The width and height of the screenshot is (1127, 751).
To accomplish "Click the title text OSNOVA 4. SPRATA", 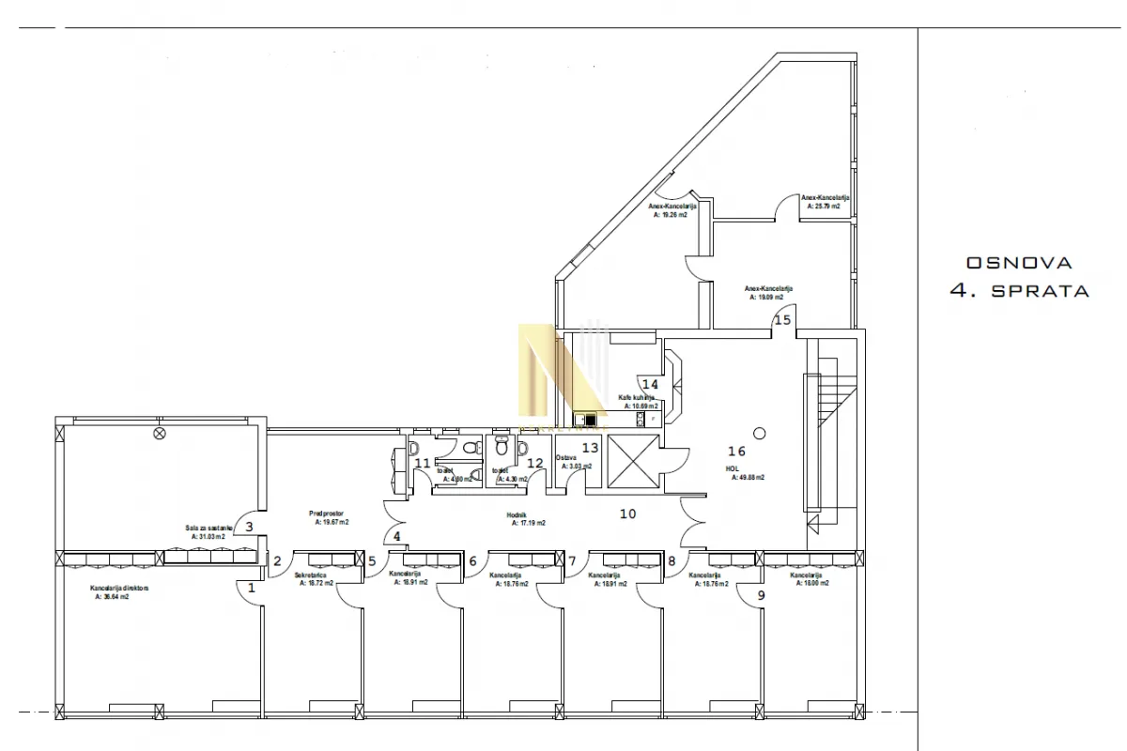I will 1019,277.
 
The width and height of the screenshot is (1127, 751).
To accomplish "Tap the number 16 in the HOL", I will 737,452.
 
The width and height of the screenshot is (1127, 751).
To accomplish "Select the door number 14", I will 650,384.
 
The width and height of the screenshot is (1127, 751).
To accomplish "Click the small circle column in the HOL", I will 760,432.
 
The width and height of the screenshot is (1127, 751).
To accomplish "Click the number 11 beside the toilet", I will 423,463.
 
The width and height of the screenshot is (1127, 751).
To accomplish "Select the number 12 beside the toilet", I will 534,463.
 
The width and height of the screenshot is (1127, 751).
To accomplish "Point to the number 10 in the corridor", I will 627,513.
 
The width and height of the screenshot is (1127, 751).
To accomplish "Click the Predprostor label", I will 329,513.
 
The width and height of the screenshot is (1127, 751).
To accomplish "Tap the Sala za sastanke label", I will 209,529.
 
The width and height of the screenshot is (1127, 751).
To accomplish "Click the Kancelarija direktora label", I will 120,589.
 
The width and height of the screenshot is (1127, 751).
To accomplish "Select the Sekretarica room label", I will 310,575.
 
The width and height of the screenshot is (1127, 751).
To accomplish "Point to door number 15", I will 781,319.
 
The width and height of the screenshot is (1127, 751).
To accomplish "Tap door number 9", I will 761,594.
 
